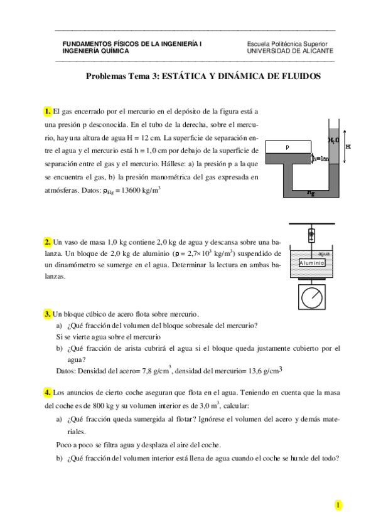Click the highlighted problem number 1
(48, 110)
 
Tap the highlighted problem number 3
(48, 314)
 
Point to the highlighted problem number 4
(48, 393)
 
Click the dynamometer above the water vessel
(310, 237)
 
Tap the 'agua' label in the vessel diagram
(324, 254)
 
